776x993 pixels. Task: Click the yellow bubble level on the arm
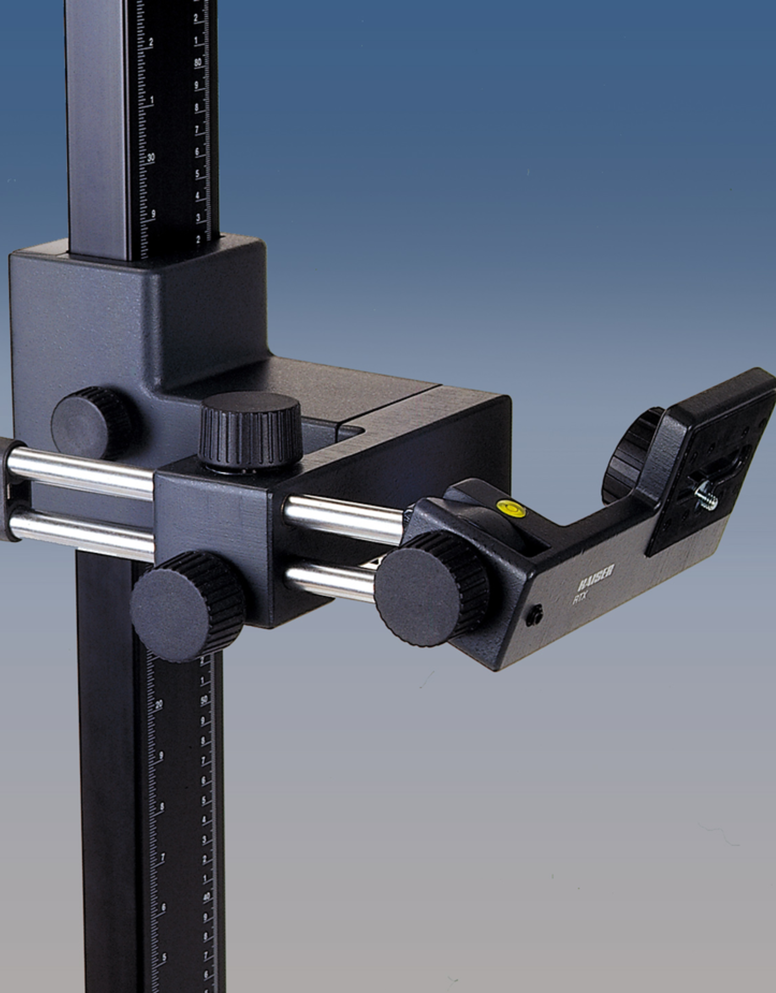[511, 508]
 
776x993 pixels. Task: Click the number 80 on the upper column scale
[198, 63]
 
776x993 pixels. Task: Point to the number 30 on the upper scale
[151, 158]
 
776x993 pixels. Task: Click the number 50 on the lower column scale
[204, 700]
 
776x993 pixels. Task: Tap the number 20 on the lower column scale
[159, 705]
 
